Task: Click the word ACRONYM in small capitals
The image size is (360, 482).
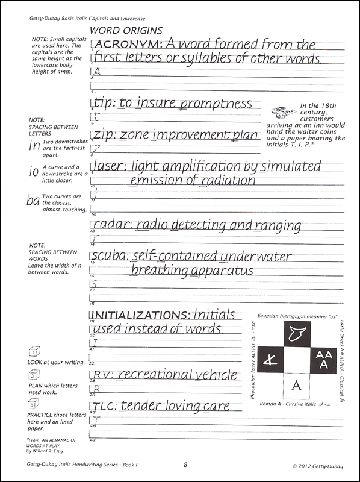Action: pyautogui.click(x=124, y=45)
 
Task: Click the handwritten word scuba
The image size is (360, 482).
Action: pyautogui.click(x=108, y=257)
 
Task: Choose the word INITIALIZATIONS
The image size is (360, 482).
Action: pyautogui.click(x=139, y=315)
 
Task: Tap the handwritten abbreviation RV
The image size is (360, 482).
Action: pyautogui.click(x=100, y=375)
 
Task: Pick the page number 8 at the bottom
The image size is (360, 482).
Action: pyautogui.click(x=185, y=464)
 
